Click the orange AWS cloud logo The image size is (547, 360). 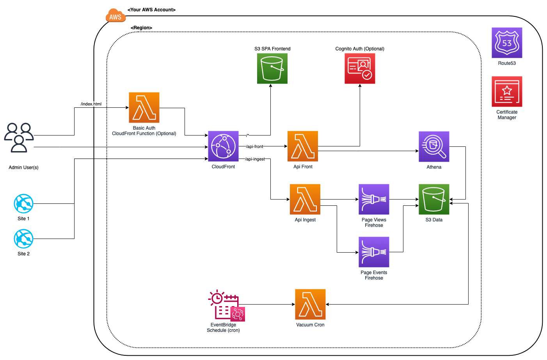point(115,16)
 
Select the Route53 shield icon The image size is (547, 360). point(507,43)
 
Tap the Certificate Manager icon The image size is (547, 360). point(507,92)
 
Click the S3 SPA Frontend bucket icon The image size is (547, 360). point(272,68)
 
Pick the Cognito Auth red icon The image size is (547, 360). point(360,68)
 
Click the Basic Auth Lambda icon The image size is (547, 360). point(144,107)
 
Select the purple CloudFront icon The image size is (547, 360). point(223,146)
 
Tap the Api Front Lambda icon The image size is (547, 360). point(303,146)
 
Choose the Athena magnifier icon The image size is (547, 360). point(434,146)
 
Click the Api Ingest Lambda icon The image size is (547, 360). point(305,199)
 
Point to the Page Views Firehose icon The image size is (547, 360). point(374,199)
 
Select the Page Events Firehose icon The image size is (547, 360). point(374,252)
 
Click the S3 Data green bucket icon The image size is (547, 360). point(434,199)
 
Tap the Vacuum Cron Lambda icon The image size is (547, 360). point(310,304)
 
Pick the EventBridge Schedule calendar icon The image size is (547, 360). point(226,306)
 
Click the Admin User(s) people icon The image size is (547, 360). point(19,137)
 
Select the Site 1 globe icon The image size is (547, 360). point(23,203)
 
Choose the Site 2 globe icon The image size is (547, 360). point(23,239)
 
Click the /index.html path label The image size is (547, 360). point(91,104)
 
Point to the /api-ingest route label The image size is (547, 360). point(255,159)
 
